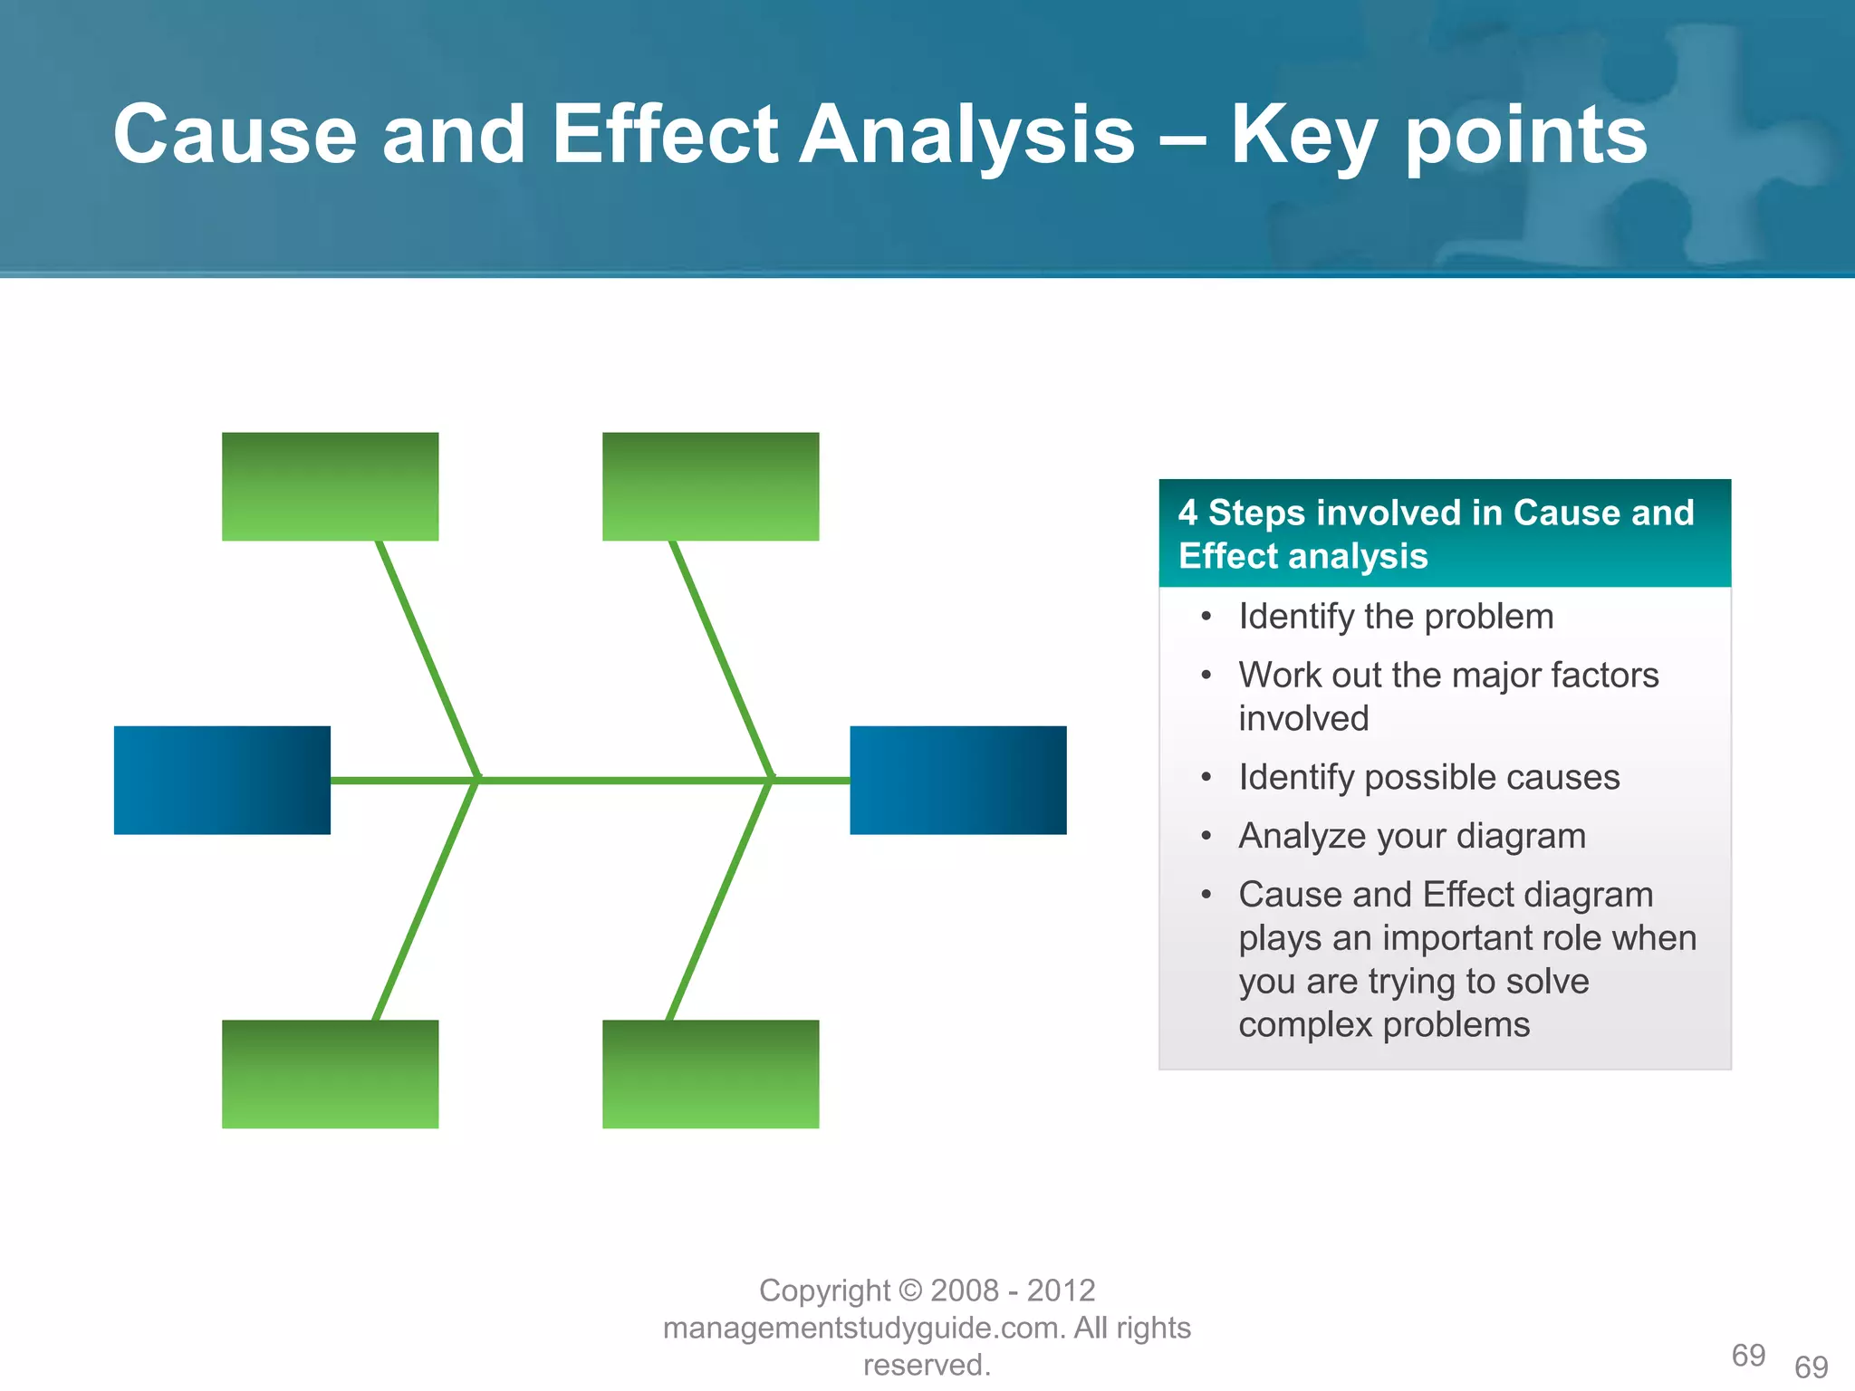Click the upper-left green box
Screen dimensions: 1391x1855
tap(330, 486)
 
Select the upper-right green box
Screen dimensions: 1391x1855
tap(710, 486)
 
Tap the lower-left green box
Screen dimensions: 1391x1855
tap(330, 1074)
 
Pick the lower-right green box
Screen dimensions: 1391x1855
tap(710, 1074)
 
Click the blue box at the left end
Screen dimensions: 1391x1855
tap(222, 780)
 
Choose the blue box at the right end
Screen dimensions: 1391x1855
tap(957, 780)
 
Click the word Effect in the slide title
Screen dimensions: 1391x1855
tap(665, 135)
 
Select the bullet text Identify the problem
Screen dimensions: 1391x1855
tap(1395, 617)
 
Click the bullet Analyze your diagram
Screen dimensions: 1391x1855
tap(1411, 836)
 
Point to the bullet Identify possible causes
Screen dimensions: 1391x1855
tap(1428, 777)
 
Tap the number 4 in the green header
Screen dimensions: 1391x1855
tap(1187, 513)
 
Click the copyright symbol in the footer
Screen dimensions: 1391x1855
tap(910, 1290)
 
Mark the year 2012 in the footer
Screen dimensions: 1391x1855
tap(1061, 1290)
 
